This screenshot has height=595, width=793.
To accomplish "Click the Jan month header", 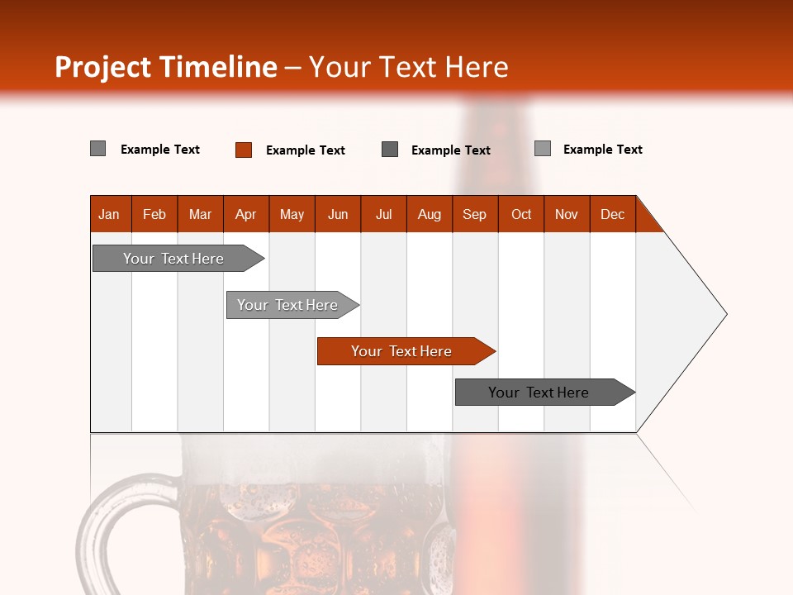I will (x=109, y=214).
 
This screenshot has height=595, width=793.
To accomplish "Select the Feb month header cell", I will (x=154, y=214).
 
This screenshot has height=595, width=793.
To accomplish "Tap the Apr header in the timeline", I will (x=246, y=214).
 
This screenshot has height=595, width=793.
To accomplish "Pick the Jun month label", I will (x=338, y=214).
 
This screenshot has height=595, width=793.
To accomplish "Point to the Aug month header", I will (x=430, y=214).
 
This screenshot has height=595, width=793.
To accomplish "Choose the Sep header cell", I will (x=475, y=214).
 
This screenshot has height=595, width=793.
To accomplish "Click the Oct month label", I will (x=521, y=214).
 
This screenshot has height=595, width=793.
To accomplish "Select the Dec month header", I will (x=613, y=214).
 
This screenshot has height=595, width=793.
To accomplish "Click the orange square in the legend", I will (x=244, y=150).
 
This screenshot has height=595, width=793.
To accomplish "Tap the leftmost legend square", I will (x=98, y=149).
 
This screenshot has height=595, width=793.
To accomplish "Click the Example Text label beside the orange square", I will (x=306, y=150).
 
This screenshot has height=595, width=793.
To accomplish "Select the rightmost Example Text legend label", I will (x=603, y=150).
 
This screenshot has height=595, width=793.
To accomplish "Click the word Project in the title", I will (x=103, y=67).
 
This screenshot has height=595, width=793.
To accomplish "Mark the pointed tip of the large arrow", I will (x=725, y=314).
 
